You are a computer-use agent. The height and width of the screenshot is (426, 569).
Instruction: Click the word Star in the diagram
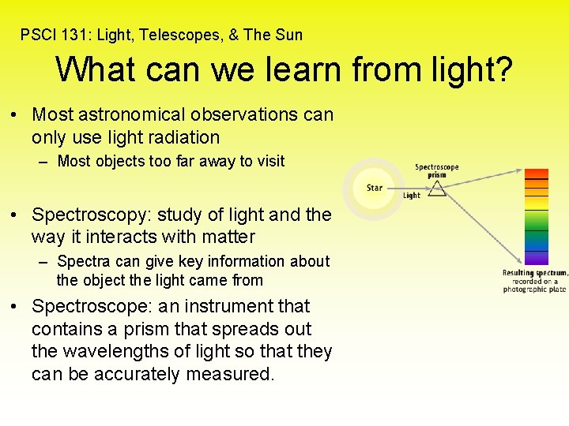[375, 188]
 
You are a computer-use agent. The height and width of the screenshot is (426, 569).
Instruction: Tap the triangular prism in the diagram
[436, 187]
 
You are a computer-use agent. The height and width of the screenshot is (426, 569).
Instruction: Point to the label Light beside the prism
[412, 196]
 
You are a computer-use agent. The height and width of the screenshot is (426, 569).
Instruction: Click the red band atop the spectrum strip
[537, 174]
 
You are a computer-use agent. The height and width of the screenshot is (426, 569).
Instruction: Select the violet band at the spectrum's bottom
[537, 257]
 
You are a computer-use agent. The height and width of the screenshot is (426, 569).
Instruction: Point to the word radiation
[179, 137]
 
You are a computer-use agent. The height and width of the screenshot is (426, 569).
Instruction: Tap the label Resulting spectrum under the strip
[534, 273]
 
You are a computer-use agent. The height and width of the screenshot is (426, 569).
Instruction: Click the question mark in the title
[502, 69]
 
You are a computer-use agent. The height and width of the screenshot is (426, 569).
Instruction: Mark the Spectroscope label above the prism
[437, 167]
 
